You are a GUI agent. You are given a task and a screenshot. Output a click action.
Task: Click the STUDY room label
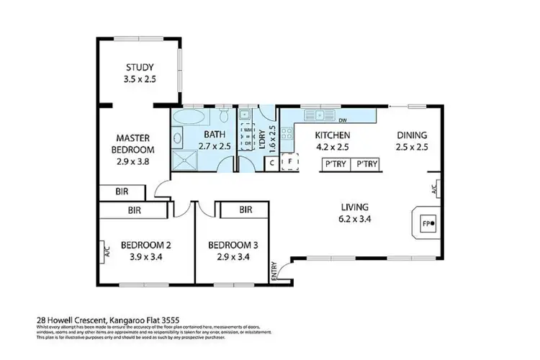pos(138,69)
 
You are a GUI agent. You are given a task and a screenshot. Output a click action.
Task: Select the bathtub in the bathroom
pos(190,117)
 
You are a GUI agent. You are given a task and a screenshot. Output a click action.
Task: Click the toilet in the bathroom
pos(225,115)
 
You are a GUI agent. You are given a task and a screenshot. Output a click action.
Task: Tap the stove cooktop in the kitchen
pos(286,132)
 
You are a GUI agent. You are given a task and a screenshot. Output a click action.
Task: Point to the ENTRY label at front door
pos(274,271)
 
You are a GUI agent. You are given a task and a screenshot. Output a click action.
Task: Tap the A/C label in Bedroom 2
pos(107,253)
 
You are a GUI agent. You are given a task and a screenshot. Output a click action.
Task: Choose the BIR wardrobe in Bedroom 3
pos(244,210)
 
